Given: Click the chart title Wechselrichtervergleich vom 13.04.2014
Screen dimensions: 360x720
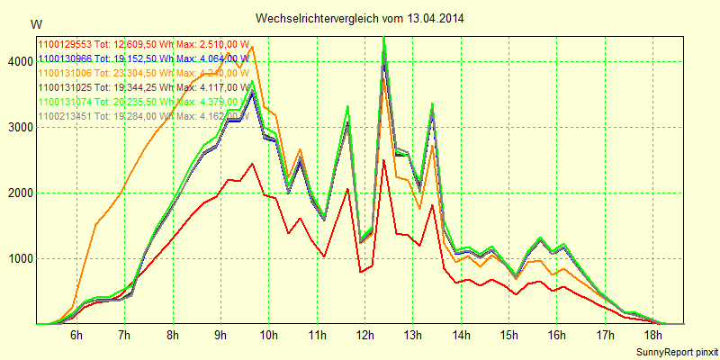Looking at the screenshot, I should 360,18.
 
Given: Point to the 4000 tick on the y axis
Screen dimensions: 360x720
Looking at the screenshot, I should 17,61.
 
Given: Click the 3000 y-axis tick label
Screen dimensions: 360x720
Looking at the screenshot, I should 17,127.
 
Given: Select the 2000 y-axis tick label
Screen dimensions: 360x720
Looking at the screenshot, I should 17,193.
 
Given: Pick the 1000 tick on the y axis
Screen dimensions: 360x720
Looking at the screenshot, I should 17,258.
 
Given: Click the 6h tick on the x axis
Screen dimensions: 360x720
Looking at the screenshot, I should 76,336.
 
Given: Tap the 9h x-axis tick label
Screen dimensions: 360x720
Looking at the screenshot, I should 220,336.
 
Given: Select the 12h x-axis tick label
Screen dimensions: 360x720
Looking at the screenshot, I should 365,336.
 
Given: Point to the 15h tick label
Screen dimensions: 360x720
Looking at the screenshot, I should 509,336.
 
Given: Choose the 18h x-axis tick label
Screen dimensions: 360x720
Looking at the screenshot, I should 653,336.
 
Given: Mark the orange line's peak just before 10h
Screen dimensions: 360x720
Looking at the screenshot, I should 253,47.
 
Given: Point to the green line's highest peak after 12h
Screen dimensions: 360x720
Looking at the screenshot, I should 384,38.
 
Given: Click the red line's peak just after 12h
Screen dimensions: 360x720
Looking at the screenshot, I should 383,160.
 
